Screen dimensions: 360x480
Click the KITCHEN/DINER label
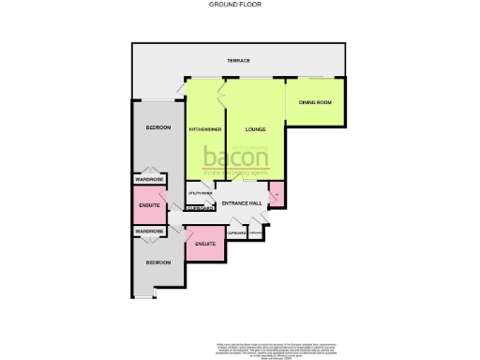[x=204, y=128]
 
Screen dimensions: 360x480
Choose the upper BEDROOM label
[x=157, y=127]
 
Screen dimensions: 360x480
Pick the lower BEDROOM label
[x=157, y=262]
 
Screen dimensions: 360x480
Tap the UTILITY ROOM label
[x=200, y=193]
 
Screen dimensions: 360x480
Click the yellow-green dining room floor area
[x=315, y=117]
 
